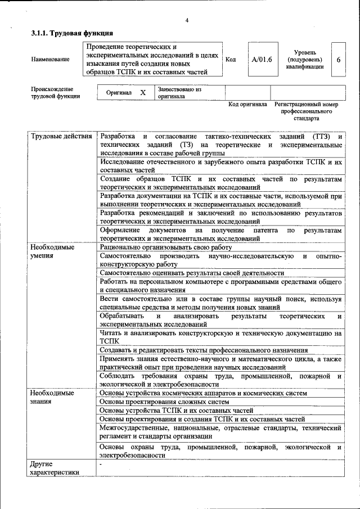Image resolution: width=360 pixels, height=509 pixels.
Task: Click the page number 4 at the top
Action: tap(186, 21)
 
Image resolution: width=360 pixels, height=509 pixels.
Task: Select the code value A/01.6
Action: tap(262, 59)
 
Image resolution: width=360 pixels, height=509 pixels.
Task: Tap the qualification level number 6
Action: tap(338, 59)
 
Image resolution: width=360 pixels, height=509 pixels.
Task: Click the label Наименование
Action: tap(51, 59)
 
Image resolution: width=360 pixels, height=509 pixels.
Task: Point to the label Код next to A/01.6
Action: tap(231, 59)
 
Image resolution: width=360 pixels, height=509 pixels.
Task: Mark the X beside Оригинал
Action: tap(143, 92)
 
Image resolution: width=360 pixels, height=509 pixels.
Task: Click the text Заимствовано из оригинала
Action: tap(179, 92)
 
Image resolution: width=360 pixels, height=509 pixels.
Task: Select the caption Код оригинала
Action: tap(247, 105)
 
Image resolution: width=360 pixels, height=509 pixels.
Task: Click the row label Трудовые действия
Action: tap(61, 137)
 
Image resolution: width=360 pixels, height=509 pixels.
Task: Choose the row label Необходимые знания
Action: tap(52, 397)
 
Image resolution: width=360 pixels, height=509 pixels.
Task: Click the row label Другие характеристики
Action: tap(55, 469)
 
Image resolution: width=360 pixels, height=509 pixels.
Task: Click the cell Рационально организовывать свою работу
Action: tap(166, 247)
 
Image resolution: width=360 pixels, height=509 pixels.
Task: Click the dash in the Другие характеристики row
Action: tap(101, 465)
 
